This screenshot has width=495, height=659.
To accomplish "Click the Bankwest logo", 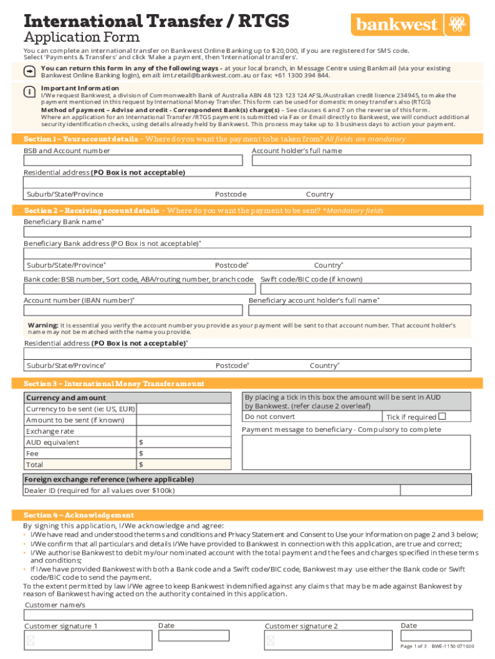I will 410,25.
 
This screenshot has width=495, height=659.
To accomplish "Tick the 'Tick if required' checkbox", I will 442,416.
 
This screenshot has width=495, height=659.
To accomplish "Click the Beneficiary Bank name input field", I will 248,232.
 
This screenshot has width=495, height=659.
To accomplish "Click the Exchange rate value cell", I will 183,431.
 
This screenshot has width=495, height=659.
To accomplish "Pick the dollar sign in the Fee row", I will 141,454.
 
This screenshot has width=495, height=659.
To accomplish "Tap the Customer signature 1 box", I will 87,640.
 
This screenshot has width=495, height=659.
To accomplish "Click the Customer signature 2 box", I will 328,640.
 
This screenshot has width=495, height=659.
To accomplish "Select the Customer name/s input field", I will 248,615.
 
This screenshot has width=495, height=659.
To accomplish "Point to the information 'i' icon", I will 30,91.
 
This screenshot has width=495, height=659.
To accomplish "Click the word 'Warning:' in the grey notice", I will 43,326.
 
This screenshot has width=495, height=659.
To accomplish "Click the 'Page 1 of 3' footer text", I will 413,646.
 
